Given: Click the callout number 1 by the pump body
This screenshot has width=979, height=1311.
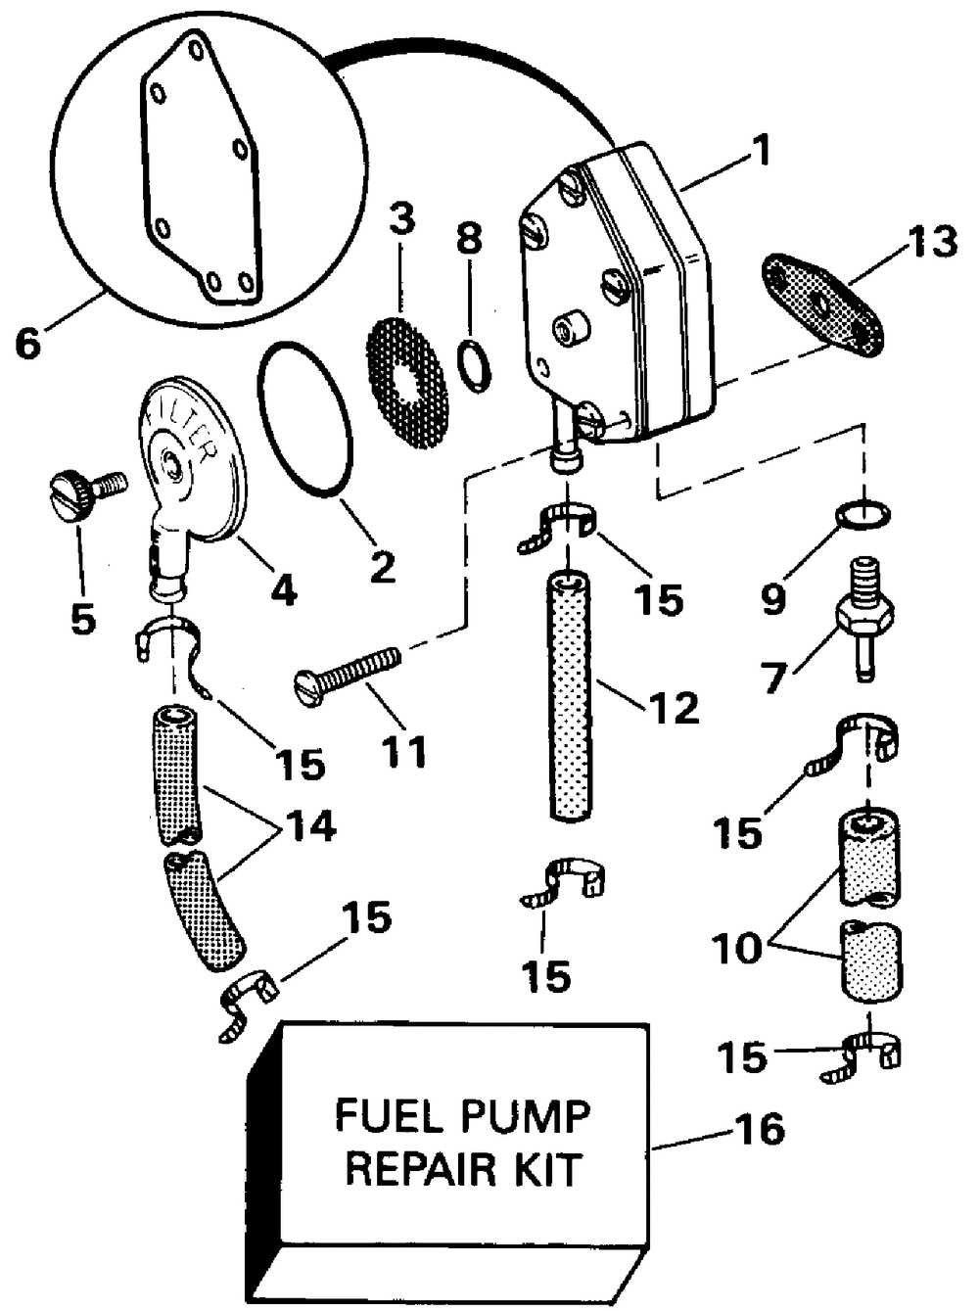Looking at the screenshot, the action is (757, 151).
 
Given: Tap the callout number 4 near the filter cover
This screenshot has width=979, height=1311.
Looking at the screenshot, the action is (283, 585).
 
